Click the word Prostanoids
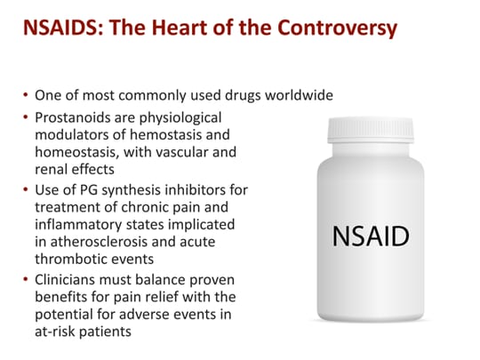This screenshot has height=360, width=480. (72, 117)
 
